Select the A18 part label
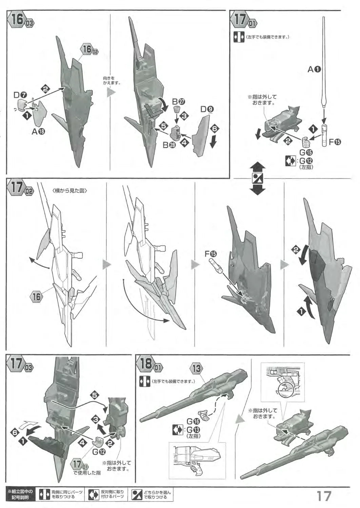(x=38, y=132)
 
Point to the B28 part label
(x=168, y=145)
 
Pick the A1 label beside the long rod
(x=314, y=69)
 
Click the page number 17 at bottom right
(x=324, y=496)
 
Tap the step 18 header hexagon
(x=147, y=364)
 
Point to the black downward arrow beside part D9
(x=213, y=143)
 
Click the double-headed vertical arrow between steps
(x=258, y=178)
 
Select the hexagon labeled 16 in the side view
(x=37, y=297)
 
